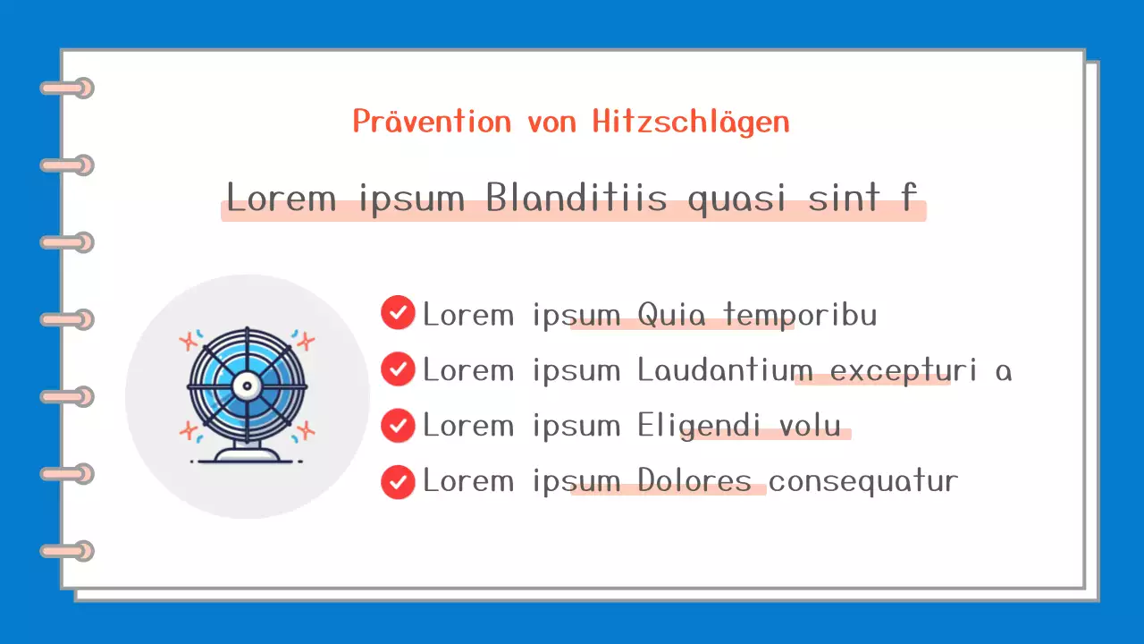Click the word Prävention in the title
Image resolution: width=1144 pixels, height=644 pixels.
[432, 122]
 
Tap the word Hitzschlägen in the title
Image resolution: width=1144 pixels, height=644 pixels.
[691, 123]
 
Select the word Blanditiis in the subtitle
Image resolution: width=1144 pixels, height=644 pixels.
[577, 198]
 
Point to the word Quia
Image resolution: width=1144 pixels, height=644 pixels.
[671, 315]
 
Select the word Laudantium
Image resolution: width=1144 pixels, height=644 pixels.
[725, 370]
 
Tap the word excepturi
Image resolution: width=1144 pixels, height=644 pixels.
[904, 370]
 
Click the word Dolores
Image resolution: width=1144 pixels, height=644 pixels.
[694, 481]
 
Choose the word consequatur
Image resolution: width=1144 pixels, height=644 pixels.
[863, 481]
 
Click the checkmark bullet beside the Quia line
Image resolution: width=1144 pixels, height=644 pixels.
[398, 313]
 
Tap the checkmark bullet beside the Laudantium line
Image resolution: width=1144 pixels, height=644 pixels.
[398, 369]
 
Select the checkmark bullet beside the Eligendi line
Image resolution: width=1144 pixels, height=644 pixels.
[398, 425]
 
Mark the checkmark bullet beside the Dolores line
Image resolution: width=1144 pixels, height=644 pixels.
[398, 481]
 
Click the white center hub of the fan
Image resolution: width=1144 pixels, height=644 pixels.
[247, 386]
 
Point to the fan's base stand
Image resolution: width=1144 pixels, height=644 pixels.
[247, 454]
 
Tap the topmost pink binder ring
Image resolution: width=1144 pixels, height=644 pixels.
[68, 88]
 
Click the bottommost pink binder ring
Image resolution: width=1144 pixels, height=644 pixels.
[68, 551]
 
